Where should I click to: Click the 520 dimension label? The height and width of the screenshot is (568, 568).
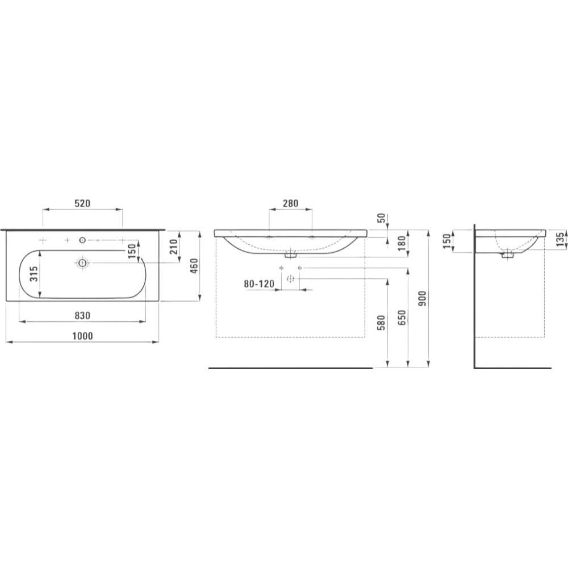[x=82, y=203]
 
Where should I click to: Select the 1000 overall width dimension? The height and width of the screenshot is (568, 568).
[x=82, y=336]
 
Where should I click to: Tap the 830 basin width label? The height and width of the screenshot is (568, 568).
[x=82, y=315]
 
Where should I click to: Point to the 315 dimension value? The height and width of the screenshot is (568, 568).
[x=33, y=275]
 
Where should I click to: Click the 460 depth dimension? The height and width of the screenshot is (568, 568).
[x=194, y=266]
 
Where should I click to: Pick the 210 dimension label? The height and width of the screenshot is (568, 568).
[x=174, y=247]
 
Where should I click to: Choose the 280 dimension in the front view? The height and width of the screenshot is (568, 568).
[x=290, y=203]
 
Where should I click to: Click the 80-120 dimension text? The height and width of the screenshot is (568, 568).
[x=259, y=283]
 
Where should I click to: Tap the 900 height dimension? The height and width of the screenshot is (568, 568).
[x=423, y=299]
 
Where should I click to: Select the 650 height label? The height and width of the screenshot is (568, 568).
[x=402, y=318]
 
